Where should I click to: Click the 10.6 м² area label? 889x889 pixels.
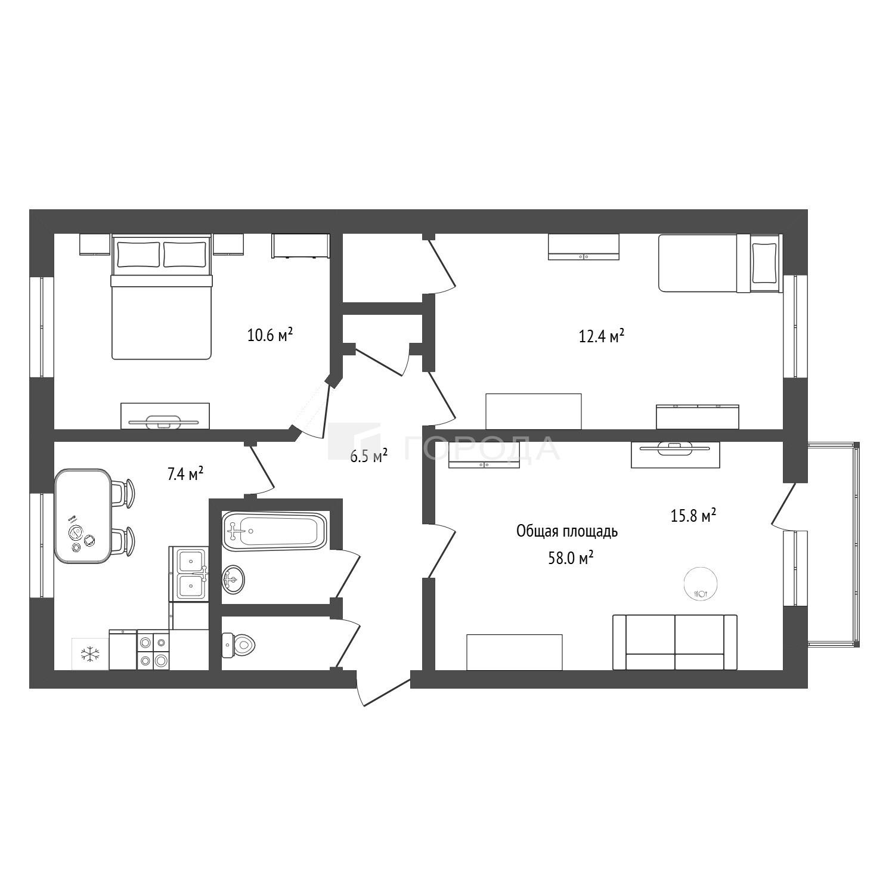tap(270, 334)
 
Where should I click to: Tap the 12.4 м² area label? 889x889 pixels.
tap(602, 336)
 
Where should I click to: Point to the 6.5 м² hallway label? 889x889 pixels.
tap(369, 457)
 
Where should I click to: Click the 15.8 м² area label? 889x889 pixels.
tap(693, 516)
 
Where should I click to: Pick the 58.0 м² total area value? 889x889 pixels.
tap(571, 558)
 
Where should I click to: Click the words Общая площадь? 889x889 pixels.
tap(567, 531)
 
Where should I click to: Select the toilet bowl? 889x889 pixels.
tap(239, 644)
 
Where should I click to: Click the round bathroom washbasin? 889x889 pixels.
tap(233, 580)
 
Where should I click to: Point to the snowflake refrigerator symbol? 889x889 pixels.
tap(90, 654)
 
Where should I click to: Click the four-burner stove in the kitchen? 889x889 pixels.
tap(153, 651)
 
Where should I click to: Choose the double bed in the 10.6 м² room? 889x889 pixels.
tap(162, 297)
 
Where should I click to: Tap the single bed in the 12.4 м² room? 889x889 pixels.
tap(719, 263)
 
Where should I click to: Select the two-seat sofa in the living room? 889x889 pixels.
tap(675, 642)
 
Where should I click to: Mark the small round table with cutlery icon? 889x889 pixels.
tap(700, 583)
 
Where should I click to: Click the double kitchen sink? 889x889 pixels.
tap(191, 574)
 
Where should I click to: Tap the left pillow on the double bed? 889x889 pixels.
tap(139, 255)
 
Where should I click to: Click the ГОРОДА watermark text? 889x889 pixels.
tap(482, 448)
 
